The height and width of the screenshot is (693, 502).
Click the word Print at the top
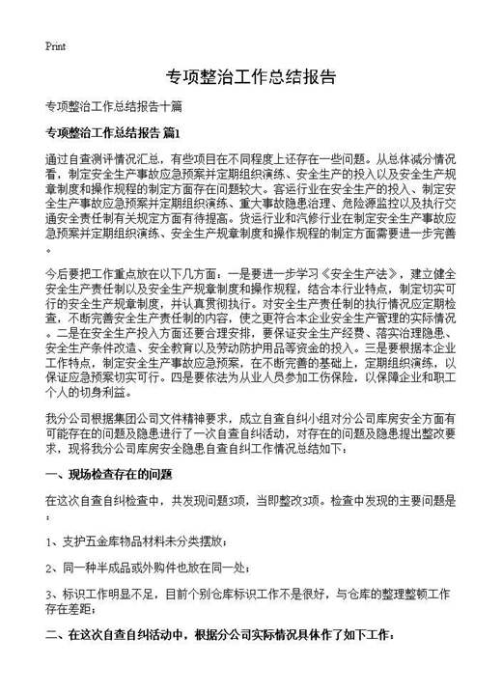click(x=55, y=46)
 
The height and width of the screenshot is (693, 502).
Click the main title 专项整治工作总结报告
click(x=250, y=77)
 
